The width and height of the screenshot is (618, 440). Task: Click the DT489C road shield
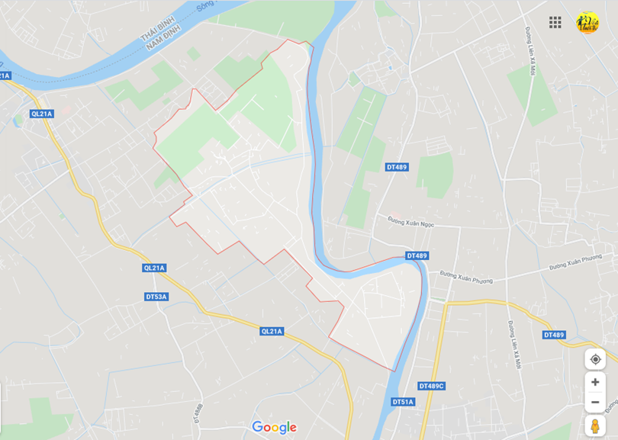click(x=431, y=386)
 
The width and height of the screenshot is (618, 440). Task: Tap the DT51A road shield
click(x=403, y=402)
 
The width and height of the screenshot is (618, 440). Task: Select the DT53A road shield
click(x=156, y=296)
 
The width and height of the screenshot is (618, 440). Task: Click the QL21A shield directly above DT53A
click(x=154, y=268)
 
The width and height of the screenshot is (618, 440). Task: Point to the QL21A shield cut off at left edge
click(x=5, y=75)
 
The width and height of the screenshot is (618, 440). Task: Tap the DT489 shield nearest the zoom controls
click(x=554, y=335)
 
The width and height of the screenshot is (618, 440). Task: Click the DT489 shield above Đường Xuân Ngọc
click(x=397, y=167)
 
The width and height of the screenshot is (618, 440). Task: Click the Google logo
click(x=274, y=428)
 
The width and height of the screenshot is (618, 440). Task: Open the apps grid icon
click(x=555, y=22)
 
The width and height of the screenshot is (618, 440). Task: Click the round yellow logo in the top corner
click(x=587, y=22)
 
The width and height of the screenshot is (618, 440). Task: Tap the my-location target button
click(x=595, y=359)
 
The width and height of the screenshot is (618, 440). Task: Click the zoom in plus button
click(x=595, y=382)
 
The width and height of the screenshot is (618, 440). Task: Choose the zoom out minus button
click(x=595, y=402)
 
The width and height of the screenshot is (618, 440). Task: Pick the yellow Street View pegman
click(x=595, y=426)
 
